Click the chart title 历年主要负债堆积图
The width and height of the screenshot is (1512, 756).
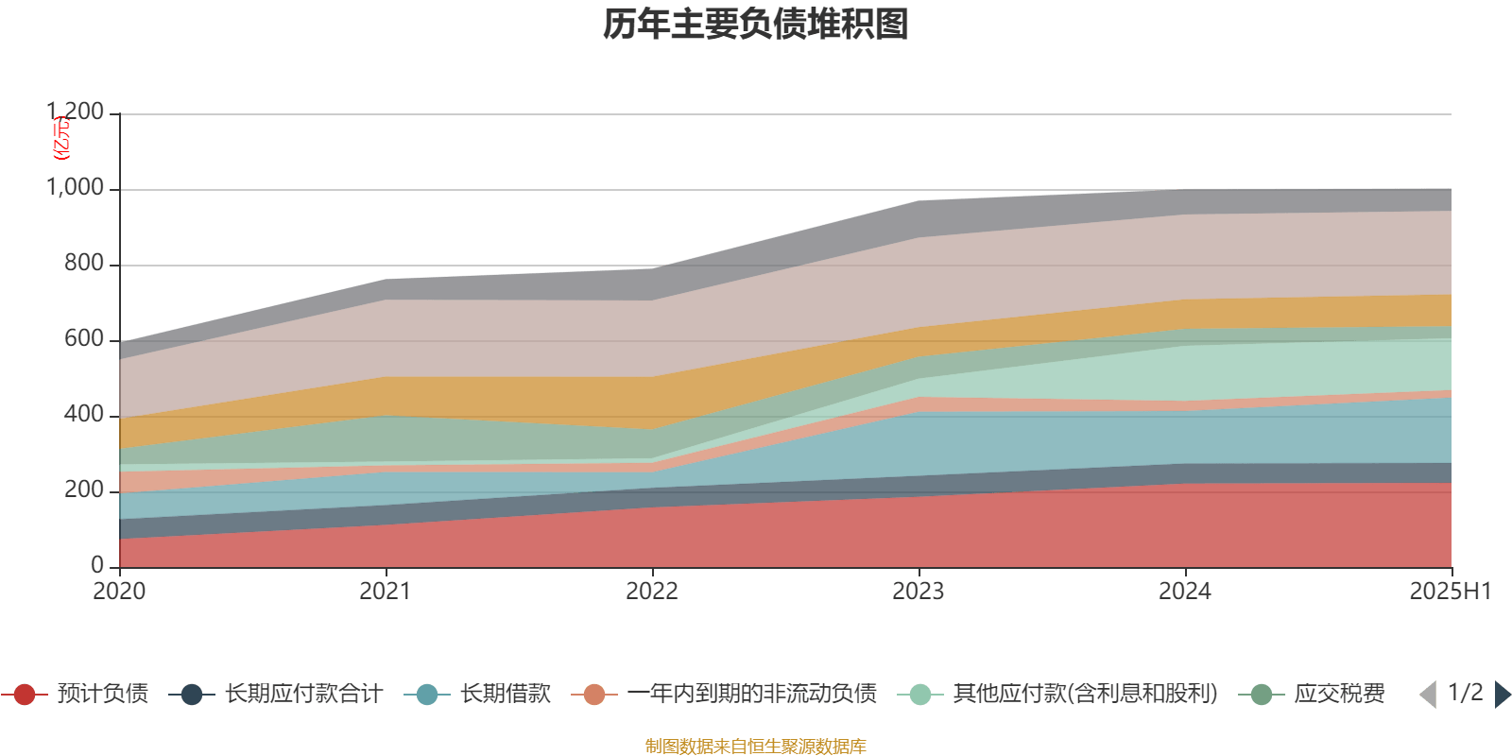pos(756,26)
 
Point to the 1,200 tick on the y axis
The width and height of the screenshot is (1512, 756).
pos(76,112)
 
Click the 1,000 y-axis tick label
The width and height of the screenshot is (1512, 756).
pos(76,188)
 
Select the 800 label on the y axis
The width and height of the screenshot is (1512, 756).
pos(83,264)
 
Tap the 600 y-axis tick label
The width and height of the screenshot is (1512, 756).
pos(83,339)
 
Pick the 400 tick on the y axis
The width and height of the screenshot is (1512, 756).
pos(83,415)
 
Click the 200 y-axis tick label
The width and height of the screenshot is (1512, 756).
pos(83,490)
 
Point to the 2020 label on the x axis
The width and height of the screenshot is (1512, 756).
pos(119,592)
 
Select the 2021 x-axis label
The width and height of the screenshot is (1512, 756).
pos(386,592)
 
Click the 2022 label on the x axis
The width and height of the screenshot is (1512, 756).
pos(652,592)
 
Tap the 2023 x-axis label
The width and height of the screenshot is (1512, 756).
pos(919,592)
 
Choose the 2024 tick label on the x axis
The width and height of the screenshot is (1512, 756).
pos(1185,592)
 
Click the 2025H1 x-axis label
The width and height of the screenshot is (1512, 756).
pos(1450,592)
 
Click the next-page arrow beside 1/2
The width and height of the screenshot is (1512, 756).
pos(1502,695)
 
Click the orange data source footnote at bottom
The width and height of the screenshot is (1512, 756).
pos(756,747)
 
